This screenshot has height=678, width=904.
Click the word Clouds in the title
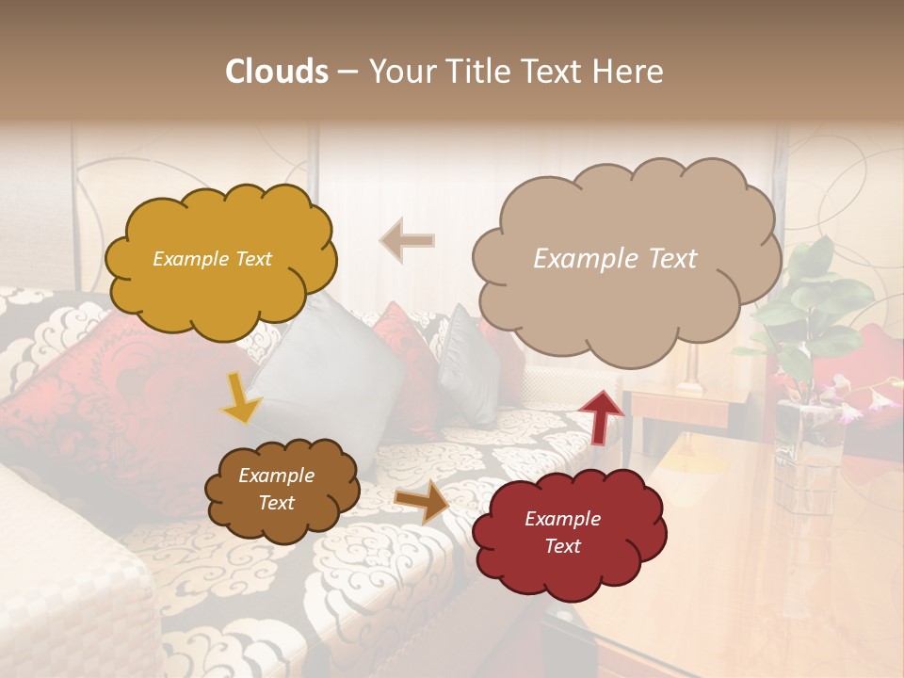(277, 72)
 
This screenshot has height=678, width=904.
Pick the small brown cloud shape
(282, 489)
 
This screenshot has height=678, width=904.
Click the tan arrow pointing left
(407, 240)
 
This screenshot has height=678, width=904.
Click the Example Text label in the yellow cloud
(212, 259)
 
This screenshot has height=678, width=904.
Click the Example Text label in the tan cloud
(615, 259)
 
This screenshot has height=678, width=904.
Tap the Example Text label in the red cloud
(562, 532)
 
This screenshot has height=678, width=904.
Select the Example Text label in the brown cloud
(276, 489)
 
